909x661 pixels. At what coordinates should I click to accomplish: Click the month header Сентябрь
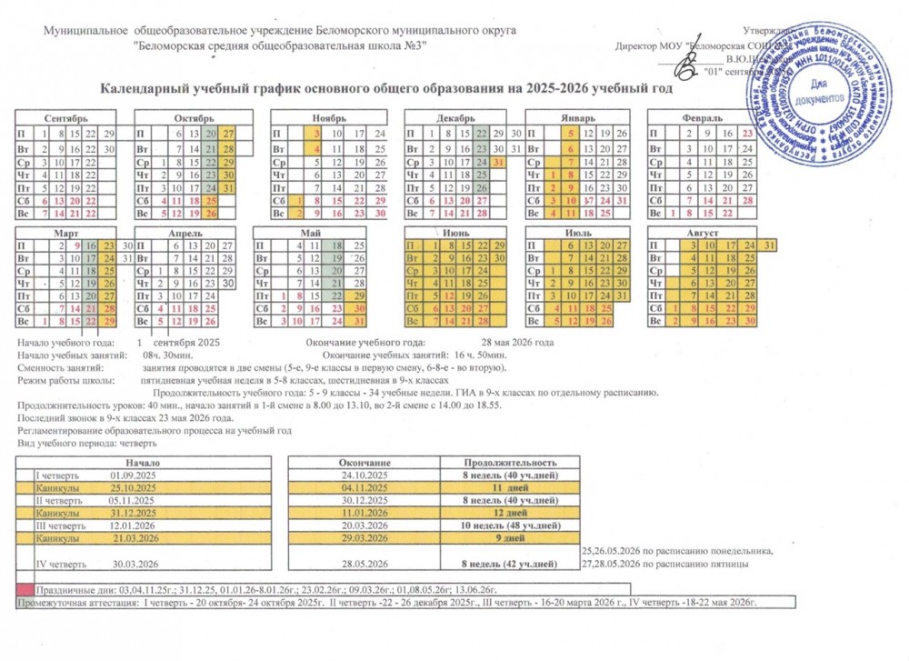[x=65, y=118]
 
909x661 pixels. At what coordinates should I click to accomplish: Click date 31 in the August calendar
[x=769, y=245]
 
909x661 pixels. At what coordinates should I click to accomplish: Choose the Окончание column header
[x=364, y=464]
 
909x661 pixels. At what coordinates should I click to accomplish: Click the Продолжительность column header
[x=505, y=464]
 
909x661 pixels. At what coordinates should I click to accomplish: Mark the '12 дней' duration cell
[x=505, y=513]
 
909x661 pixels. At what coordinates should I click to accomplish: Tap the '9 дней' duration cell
[x=505, y=538]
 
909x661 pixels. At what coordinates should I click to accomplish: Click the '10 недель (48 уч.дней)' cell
[x=505, y=526]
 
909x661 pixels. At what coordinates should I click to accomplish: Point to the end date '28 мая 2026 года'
[x=518, y=342]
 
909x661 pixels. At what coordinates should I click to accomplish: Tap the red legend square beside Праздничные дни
[x=25, y=589]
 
